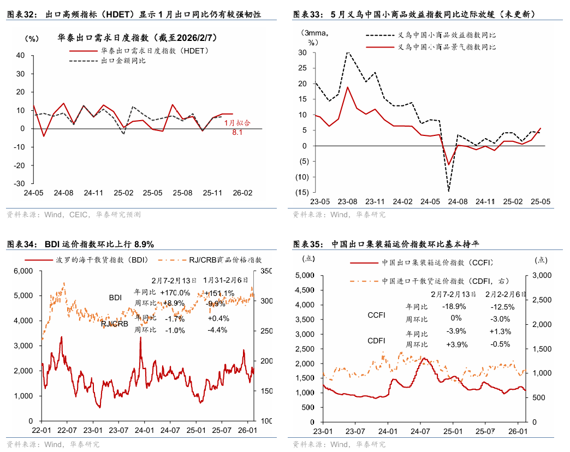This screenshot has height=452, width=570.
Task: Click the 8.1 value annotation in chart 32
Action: tap(238, 133)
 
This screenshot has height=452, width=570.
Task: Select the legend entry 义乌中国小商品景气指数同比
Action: tap(447, 47)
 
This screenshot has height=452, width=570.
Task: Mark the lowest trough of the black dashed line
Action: tap(449, 191)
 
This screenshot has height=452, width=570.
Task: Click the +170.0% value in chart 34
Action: tap(175, 293)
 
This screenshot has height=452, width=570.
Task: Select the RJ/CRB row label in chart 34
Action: tap(114, 324)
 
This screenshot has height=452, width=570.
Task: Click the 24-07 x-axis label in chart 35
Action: tap(420, 431)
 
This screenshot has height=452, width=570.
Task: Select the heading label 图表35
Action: tap(309, 244)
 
